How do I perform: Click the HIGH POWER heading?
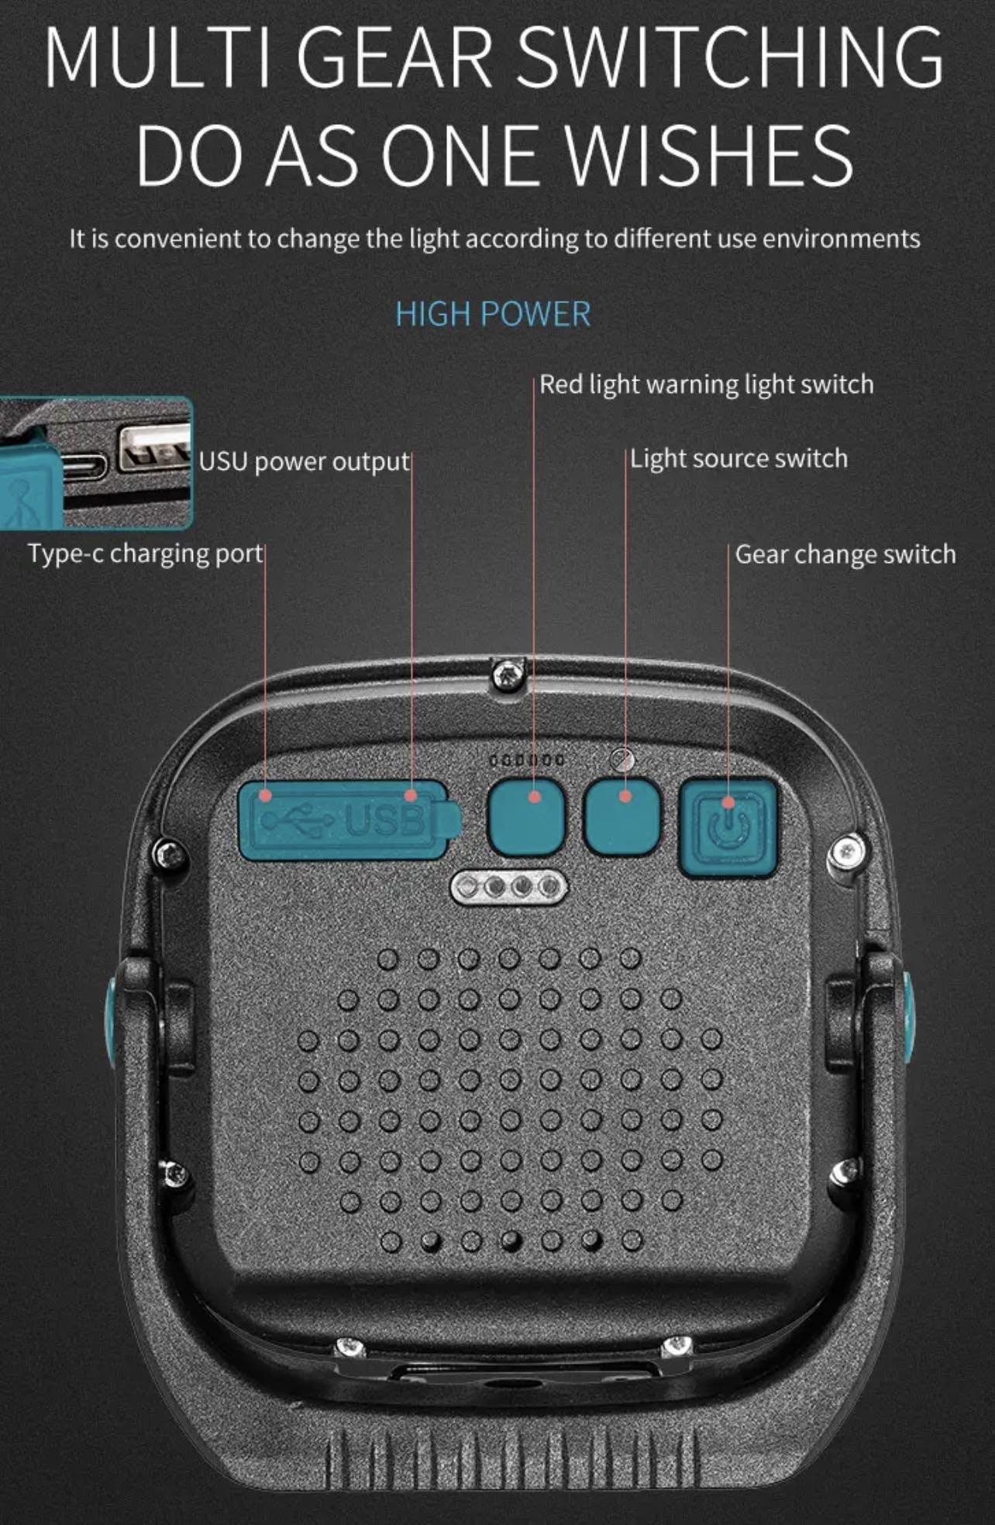[x=493, y=314]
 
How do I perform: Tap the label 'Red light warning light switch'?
[x=707, y=385]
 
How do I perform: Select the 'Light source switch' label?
[x=739, y=458]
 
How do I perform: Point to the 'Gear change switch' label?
[x=845, y=554]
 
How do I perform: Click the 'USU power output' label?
[x=304, y=461]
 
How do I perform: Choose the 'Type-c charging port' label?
[x=146, y=554]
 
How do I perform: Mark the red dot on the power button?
[x=728, y=802]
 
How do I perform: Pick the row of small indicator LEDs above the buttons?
[x=527, y=760]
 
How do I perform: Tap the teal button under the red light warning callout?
[x=526, y=816]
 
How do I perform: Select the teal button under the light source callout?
[x=622, y=816]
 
